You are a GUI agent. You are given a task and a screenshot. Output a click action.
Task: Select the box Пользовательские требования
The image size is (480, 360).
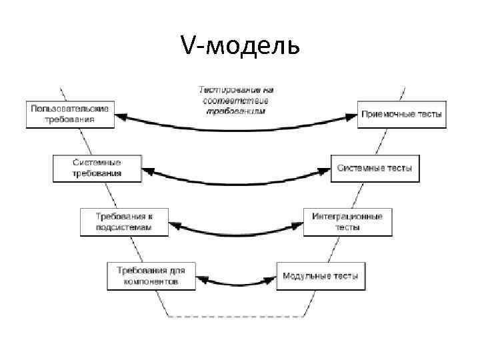pos(70,114)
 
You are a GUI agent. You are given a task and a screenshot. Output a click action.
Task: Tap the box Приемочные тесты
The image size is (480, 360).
pos(401,114)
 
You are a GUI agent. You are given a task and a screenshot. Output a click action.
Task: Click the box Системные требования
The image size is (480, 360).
pos(97,167)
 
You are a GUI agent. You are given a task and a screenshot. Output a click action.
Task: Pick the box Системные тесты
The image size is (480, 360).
pos(375,168)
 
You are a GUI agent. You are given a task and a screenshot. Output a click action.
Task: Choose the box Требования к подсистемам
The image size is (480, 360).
pos(124,221)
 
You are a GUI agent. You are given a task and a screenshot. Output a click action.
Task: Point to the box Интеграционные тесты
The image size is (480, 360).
pos(348,221)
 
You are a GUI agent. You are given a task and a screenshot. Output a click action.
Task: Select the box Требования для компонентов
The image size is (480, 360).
pos(151,275)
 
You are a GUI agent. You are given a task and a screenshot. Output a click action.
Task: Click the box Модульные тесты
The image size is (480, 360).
pos(321,275)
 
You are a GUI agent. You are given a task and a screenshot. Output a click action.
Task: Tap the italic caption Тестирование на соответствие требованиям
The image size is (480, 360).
pos(237,99)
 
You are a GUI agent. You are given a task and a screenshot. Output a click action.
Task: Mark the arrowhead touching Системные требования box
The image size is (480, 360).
pos(149,171)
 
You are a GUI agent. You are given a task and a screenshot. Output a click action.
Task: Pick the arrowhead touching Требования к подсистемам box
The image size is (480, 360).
pos(175,225)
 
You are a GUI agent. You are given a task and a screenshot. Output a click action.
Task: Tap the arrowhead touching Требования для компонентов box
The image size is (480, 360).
pos(202,275)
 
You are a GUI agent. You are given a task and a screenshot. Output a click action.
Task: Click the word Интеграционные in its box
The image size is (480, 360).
pos(347,216)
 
